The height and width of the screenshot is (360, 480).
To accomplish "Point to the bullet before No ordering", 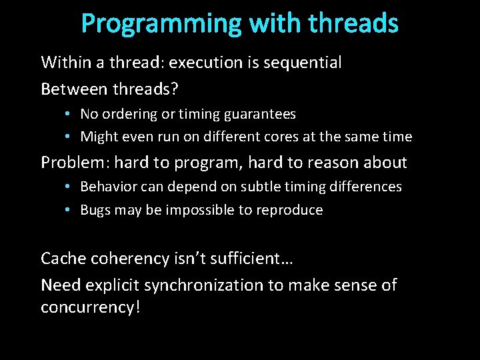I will [x=69, y=114].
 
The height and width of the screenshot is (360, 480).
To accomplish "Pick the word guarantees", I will [x=261, y=115].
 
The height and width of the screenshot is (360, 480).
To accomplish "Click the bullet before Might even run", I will [x=69, y=137].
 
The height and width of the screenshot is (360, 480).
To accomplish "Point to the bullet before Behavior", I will [x=69, y=187].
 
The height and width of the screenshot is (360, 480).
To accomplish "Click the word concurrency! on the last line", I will [x=91, y=308].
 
